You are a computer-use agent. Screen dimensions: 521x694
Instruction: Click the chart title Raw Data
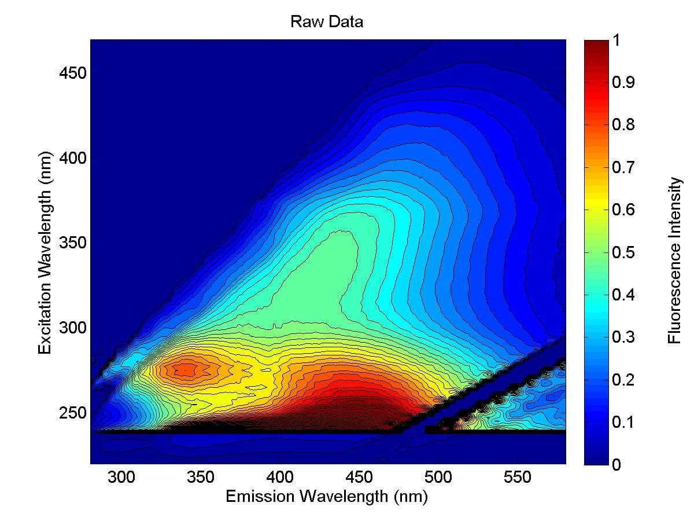pos(327,23)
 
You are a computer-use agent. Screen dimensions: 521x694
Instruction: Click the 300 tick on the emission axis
pos(121,478)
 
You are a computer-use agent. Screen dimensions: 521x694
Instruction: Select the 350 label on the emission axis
pos(201,478)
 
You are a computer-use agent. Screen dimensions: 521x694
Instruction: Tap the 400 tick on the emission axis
pos(280,478)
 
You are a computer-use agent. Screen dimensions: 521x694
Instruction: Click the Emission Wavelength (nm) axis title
pos(327,497)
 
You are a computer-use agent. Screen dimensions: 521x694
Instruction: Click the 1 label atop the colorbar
pos(617,41)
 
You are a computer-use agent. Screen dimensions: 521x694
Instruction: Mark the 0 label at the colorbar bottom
pos(617,465)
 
